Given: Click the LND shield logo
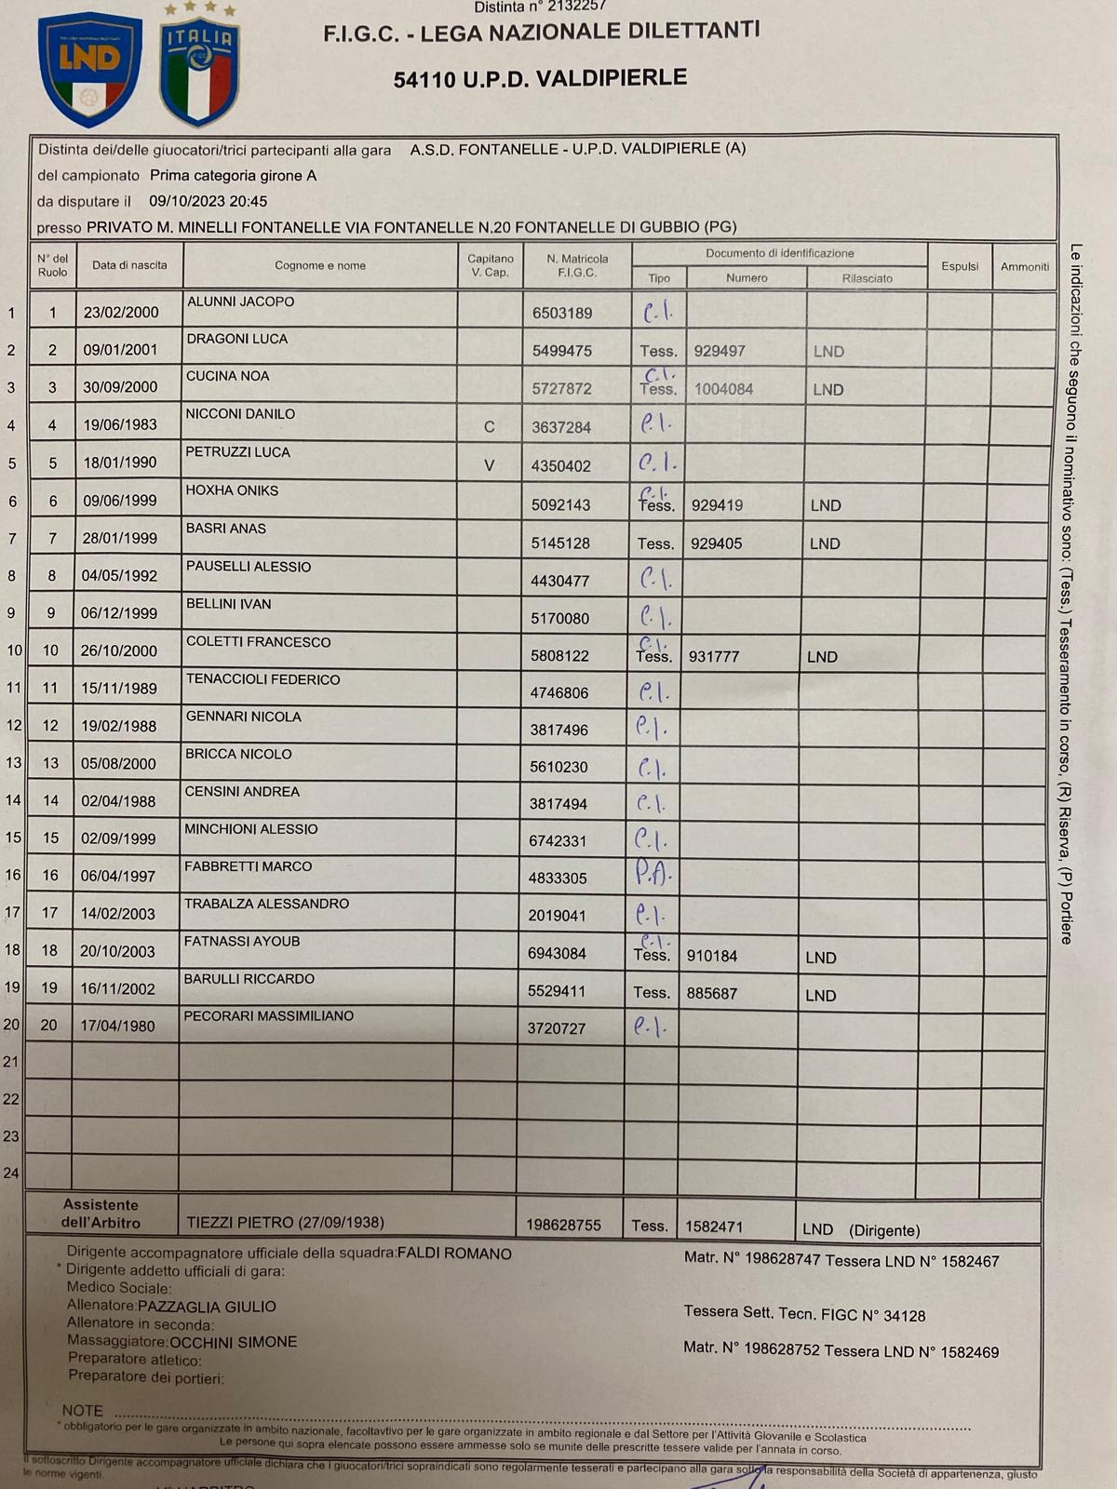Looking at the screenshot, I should (90, 69).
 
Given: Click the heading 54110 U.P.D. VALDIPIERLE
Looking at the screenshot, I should (540, 78).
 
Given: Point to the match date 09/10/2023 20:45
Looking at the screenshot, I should (208, 201).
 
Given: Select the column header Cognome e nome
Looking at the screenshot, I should (319, 265).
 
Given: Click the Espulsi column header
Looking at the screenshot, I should (959, 266).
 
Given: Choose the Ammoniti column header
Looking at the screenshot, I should (1024, 267).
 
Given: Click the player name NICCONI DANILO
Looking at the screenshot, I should (240, 413).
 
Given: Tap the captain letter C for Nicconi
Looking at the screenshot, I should (490, 427).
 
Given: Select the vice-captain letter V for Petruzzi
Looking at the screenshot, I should (489, 465).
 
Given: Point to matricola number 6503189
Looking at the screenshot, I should (562, 314).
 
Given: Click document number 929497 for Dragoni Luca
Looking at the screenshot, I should (720, 351).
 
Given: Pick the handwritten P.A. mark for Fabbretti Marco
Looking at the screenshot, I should (653, 873).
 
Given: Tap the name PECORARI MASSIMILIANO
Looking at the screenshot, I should (268, 1016).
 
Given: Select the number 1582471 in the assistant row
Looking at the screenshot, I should (714, 1227).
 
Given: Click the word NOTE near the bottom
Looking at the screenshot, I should (82, 1411).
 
